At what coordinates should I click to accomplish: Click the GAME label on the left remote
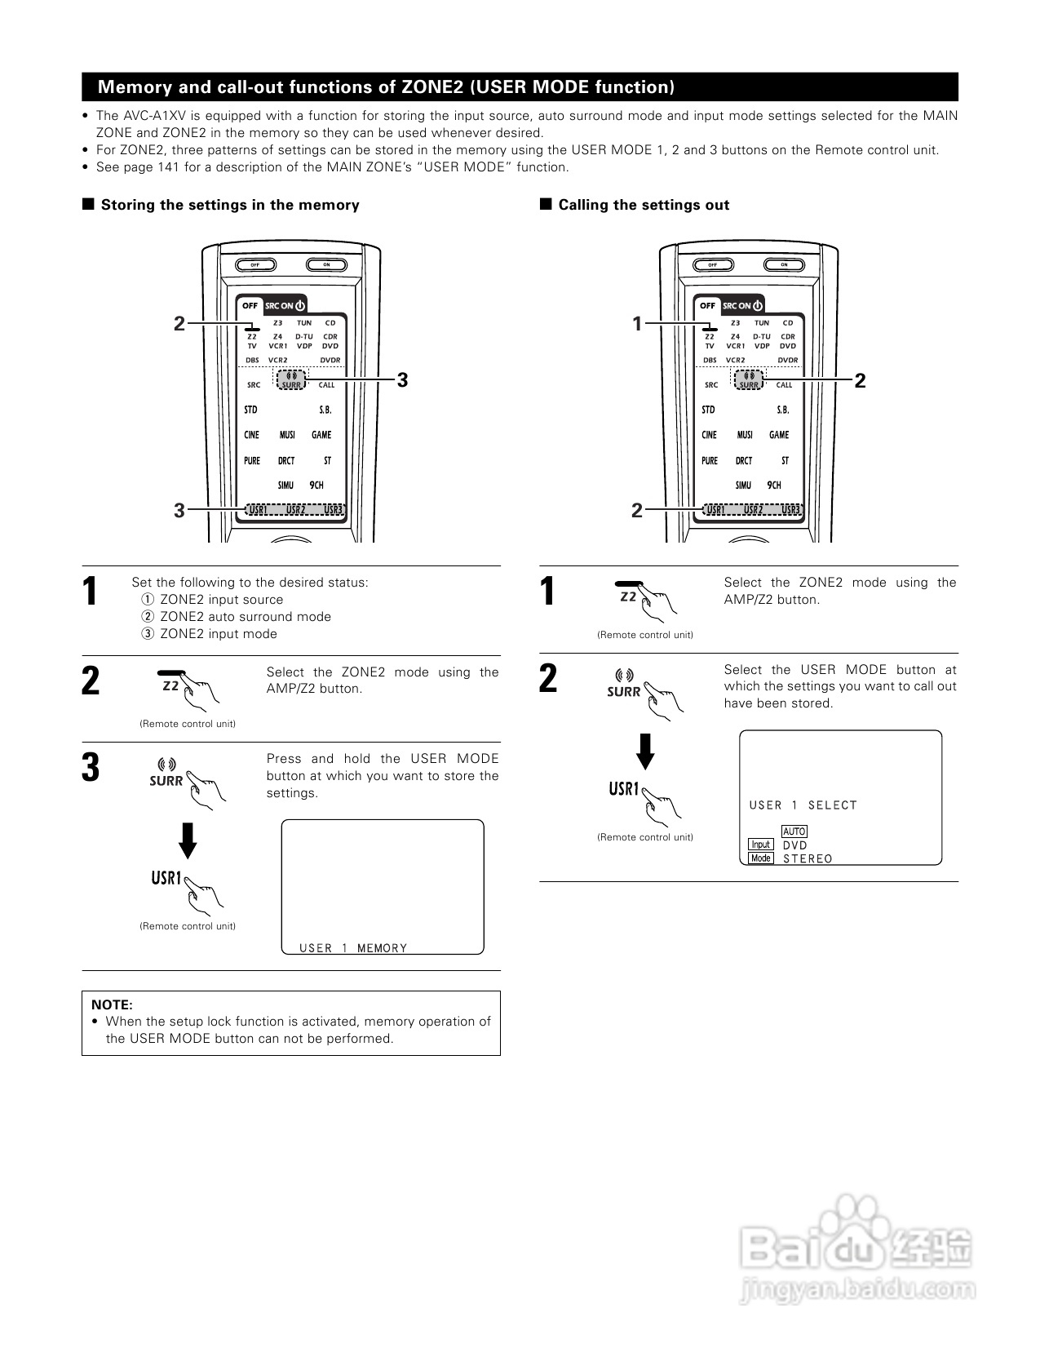pos(321,435)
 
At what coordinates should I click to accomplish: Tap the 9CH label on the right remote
pos(774,486)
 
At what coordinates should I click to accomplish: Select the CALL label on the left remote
pos(326,385)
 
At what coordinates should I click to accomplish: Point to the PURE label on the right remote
pos(710,460)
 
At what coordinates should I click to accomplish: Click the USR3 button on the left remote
pos(333,510)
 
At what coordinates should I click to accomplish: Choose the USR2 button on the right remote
pos(753,510)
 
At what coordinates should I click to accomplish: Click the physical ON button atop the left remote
pos(326,265)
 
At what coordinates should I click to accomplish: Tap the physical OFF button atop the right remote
pos(713,265)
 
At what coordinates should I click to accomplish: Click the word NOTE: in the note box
pos(112,1004)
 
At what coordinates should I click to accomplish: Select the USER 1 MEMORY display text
pos(353,948)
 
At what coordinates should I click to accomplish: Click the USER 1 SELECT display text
pos(803,805)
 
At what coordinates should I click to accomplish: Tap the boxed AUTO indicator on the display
pos(794,831)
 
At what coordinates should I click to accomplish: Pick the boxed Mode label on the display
pos(761,858)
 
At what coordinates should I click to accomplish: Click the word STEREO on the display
pos(808,858)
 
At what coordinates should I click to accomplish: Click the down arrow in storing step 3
pos(188,840)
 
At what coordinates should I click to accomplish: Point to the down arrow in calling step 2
pos(645,752)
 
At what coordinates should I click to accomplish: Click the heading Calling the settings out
pos(644,205)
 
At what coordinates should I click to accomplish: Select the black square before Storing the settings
pos(88,204)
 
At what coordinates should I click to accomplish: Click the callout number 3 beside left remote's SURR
pos(402,379)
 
